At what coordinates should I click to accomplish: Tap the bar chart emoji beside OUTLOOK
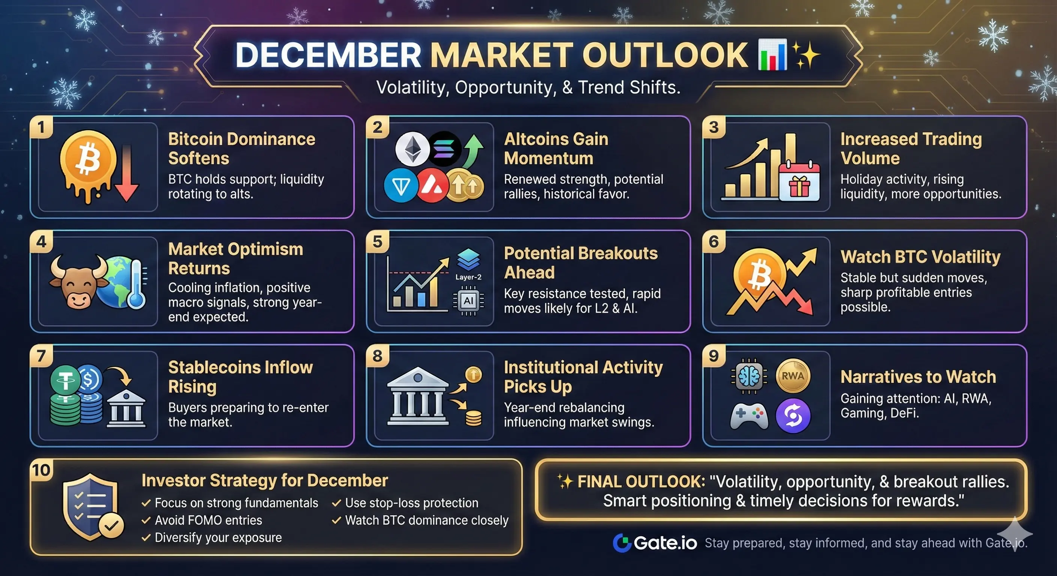pyautogui.click(x=772, y=54)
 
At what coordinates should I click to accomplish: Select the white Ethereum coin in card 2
pyautogui.click(x=412, y=149)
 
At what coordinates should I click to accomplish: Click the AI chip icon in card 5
pyautogui.click(x=468, y=301)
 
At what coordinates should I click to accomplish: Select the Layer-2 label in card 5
pyautogui.click(x=468, y=277)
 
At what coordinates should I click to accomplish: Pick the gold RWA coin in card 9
pyautogui.click(x=793, y=376)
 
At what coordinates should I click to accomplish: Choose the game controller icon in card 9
pyautogui.click(x=749, y=416)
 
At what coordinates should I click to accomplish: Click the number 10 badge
pyautogui.click(x=41, y=470)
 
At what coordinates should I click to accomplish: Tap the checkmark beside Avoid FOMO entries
pyautogui.click(x=146, y=520)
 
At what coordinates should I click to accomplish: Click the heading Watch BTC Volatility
pyautogui.click(x=920, y=257)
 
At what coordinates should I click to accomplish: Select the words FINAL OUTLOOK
pyautogui.click(x=641, y=482)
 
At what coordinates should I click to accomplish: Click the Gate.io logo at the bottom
pyautogui.click(x=655, y=543)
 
